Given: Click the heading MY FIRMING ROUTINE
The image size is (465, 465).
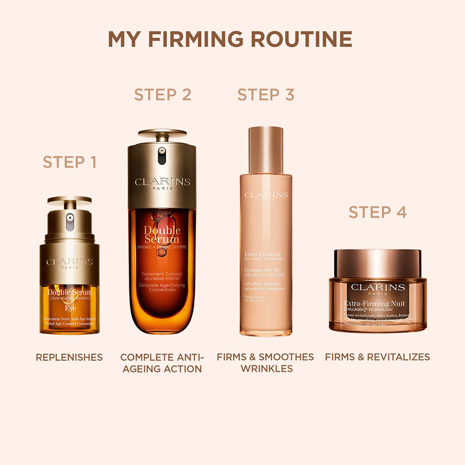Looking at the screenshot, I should click(x=230, y=40).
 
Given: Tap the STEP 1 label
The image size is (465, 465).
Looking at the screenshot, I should click(x=70, y=162).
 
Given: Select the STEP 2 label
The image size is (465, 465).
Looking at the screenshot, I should click(x=163, y=95).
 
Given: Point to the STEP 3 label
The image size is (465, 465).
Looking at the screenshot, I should click(x=266, y=95).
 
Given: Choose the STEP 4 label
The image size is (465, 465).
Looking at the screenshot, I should click(x=378, y=212).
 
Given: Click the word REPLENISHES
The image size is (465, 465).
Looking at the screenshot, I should click(x=69, y=357).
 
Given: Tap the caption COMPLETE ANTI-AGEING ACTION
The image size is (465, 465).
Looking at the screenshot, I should click(x=162, y=363).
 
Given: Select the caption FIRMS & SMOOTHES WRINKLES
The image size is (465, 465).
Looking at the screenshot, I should click(x=265, y=363).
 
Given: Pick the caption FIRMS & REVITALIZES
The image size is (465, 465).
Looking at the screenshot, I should click(x=378, y=357).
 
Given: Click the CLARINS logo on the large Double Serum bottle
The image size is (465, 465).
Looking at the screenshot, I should click(x=162, y=181).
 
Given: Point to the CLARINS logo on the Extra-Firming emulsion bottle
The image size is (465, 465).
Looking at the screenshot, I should click(x=266, y=195).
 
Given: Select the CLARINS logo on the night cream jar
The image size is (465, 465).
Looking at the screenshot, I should click(x=378, y=287).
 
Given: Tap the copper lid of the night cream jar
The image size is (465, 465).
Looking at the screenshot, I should click(x=378, y=263).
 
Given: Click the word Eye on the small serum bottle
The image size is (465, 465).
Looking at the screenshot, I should click(x=69, y=308).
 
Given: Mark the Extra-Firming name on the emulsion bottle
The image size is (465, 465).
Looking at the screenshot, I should click(x=263, y=254).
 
